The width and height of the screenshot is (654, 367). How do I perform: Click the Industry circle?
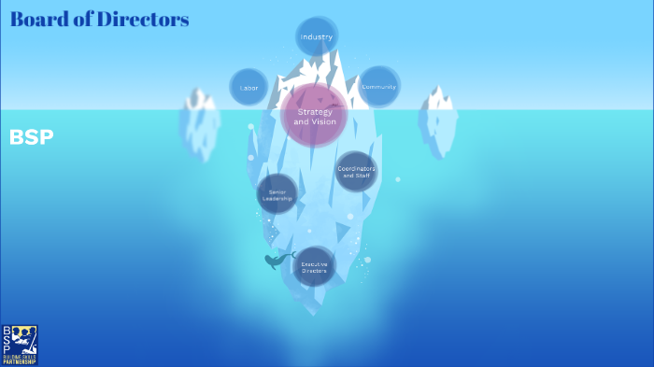click(x=317, y=36)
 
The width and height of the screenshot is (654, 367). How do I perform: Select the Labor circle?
click(x=249, y=87)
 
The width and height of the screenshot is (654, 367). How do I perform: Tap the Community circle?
click(x=379, y=86)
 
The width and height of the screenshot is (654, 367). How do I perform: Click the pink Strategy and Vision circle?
click(x=314, y=117)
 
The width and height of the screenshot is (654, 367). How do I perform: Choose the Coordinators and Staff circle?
click(x=356, y=172)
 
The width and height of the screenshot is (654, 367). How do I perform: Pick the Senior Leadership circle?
click(x=277, y=194)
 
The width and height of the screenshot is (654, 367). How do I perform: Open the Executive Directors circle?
click(x=314, y=266)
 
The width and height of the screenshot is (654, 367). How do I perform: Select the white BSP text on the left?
click(x=31, y=137)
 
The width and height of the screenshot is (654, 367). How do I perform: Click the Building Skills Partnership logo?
click(x=20, y=345)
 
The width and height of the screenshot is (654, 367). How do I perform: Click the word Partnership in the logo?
click(x=20, y=361)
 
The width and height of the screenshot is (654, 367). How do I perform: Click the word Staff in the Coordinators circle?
click(x=363, y=176)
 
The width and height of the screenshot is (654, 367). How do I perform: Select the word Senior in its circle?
click(x=277, y=191)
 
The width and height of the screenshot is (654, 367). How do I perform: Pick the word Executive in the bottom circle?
click(x=314, y=263)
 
